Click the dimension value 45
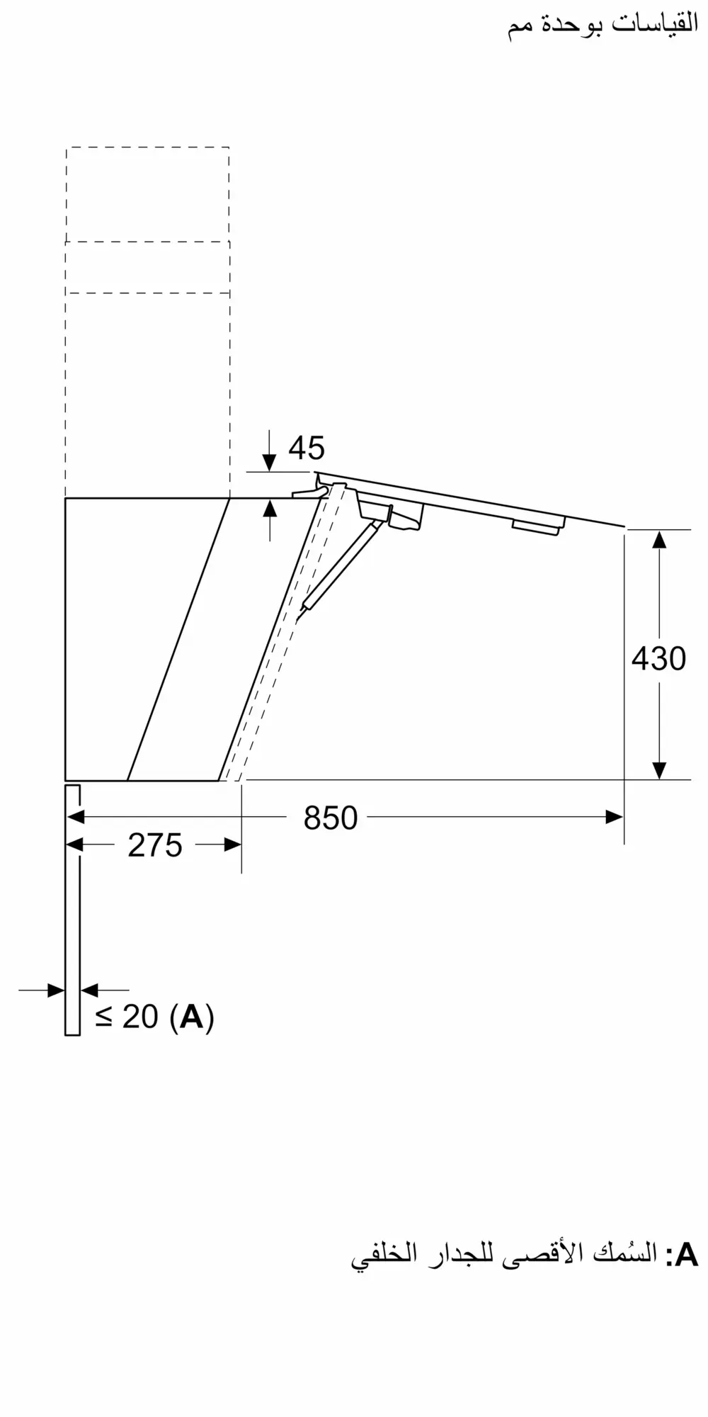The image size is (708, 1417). click(307, 448)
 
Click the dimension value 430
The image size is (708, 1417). click(658, 659)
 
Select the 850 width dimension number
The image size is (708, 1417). click(331, 818)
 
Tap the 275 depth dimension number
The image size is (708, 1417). click(155, 845)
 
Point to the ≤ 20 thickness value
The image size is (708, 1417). click(127, 1017)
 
